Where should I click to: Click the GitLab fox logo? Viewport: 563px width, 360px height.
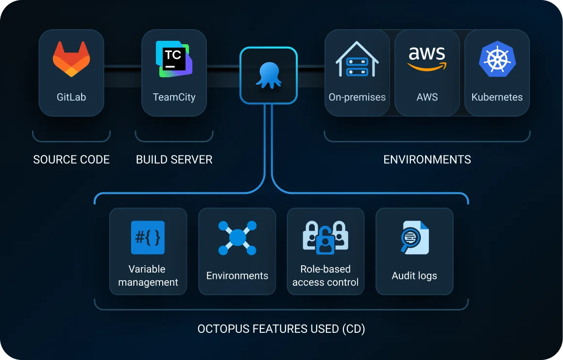[x=71, y=59]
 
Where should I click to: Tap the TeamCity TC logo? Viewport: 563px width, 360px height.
[x=174, y=59]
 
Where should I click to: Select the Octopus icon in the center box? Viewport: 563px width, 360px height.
[x=268, y=76]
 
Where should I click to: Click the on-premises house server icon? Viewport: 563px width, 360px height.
[x=357, y=59]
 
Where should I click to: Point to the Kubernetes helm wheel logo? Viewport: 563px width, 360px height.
[x=496, y=59]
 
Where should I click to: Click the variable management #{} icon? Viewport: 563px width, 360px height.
[x=148, y=238]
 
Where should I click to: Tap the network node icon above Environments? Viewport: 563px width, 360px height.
[x=237, y=238]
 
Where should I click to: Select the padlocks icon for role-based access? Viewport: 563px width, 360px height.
[x=325, y=238]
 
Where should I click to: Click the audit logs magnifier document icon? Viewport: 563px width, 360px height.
[x=414, y=238]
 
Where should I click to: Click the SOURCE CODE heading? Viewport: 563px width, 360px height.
[x=71, y=159]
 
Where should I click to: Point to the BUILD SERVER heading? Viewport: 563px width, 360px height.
[x=174, y=159]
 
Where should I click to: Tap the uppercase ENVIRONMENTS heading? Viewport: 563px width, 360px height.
[x=427, y=159]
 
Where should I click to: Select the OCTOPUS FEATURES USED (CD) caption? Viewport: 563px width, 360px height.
[x=281, y=329]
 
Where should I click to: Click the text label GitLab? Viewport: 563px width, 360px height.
[x=71, y=97]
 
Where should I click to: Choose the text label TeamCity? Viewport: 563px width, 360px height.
[x=174, y=97]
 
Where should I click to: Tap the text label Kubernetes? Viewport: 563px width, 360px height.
[x=496, y=97]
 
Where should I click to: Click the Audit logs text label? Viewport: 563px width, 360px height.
[x=414, y=276]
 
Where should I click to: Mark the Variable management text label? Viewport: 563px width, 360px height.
[x=148, y=275]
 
